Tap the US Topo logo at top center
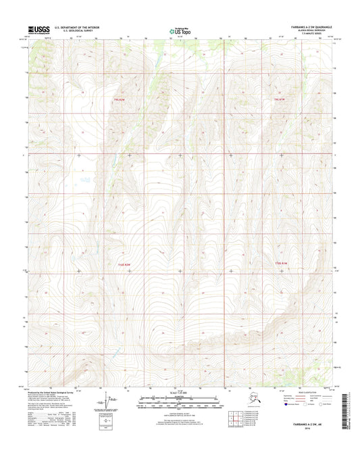coord(179,30)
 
